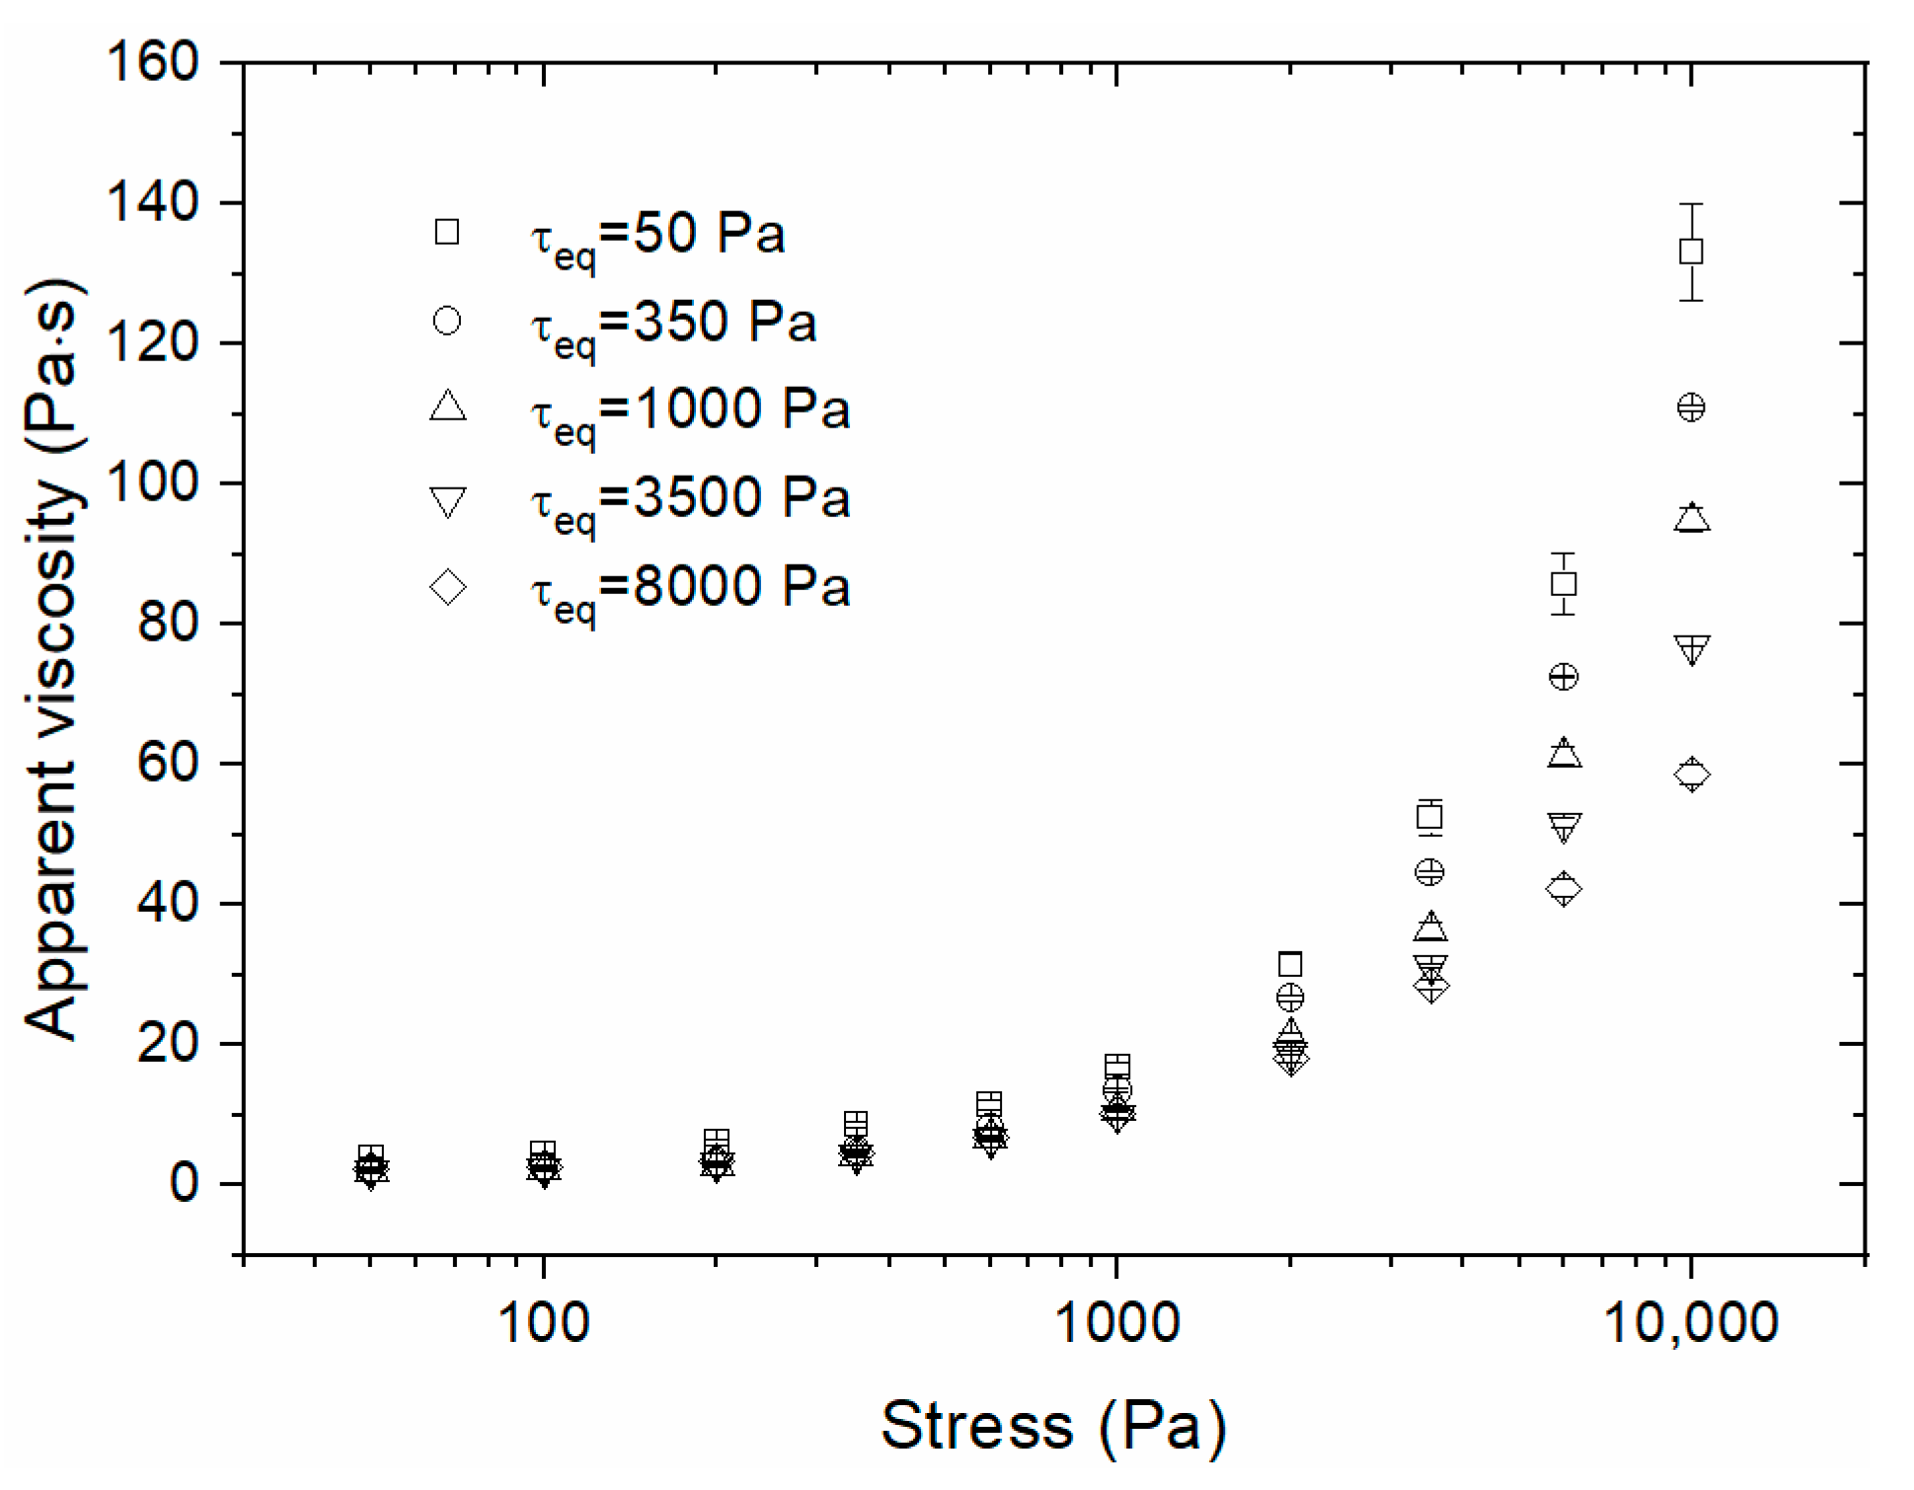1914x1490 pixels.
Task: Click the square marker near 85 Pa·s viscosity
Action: point(1563,584)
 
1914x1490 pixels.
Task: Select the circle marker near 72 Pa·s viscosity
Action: point(1563,677)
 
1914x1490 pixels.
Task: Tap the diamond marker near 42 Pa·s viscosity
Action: point(1563,889)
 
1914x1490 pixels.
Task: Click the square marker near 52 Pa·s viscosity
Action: point(1429,817)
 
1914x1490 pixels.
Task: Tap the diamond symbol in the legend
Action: point(447,588)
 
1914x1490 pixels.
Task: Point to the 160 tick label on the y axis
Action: point(152,62)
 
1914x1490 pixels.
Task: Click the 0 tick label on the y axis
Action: point(184,1183)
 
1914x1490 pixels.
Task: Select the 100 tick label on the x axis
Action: point(543,1322)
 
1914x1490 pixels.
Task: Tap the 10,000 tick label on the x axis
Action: point(1690,1322)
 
